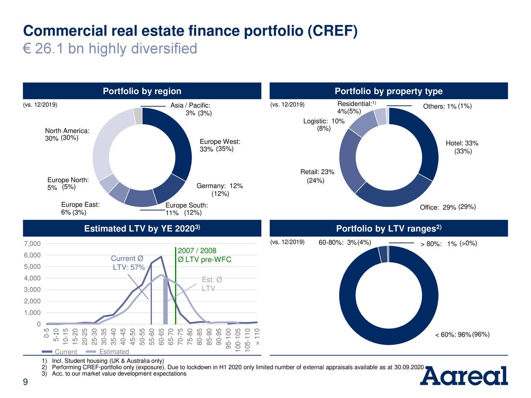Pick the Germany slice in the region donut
(x=169, y=189)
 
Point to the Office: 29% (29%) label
(x=448, y=207)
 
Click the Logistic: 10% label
(x=324, y=121)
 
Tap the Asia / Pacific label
(x=190, y=105)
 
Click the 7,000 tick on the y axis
(x=32, y=243)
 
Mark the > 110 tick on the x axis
(x=257, y=337)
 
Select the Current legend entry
(x=59, y=352)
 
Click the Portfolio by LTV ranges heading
(x=389, y=228)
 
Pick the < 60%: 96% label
(x=453, y=335)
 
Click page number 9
(x=25, y=382)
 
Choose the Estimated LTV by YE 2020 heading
(x=142, y=228)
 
